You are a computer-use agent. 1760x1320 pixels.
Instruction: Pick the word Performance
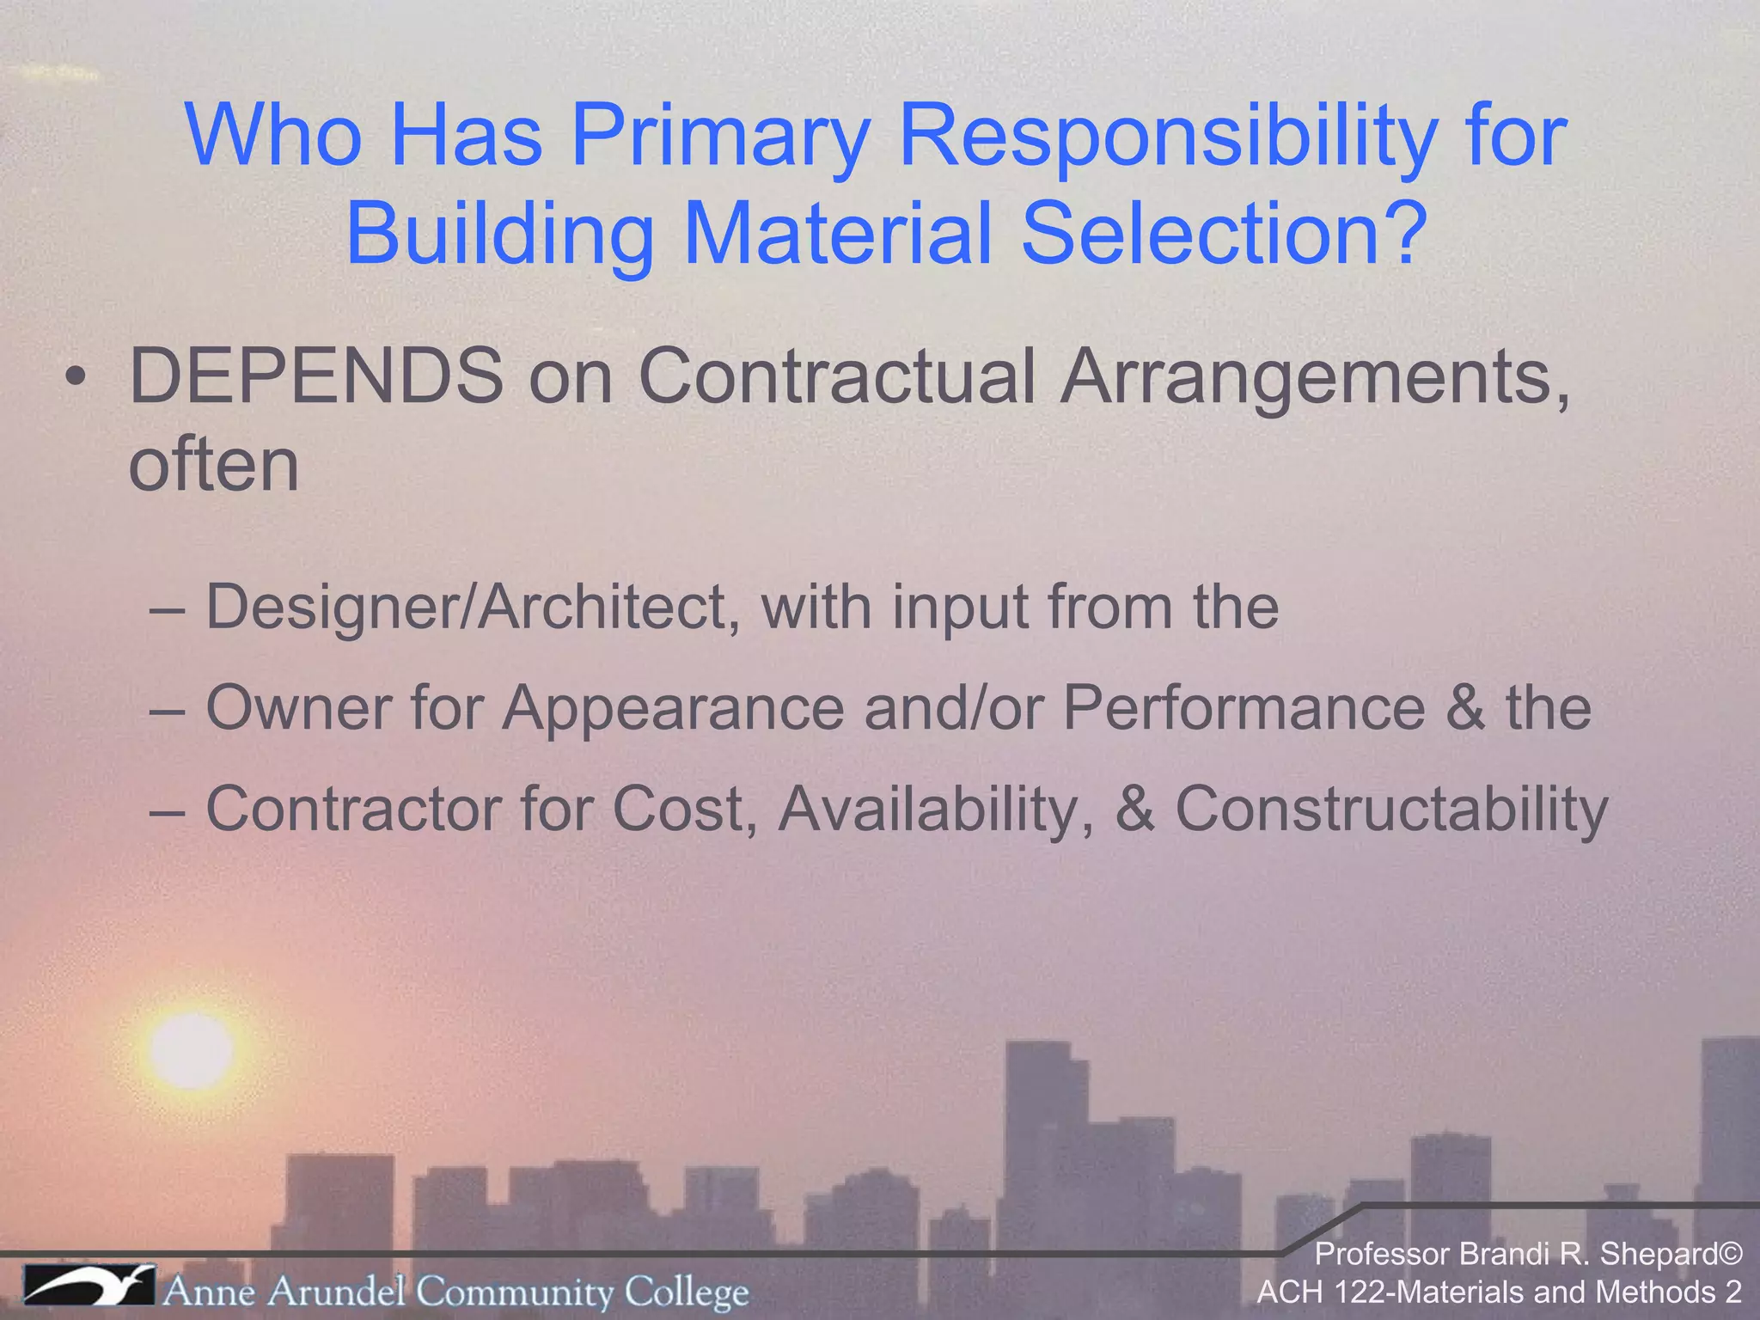[x=1244, y=708]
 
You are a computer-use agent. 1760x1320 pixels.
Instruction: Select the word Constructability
[x=1391, y=809]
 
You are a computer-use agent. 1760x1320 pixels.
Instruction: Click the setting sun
[x=191, y=1050]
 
